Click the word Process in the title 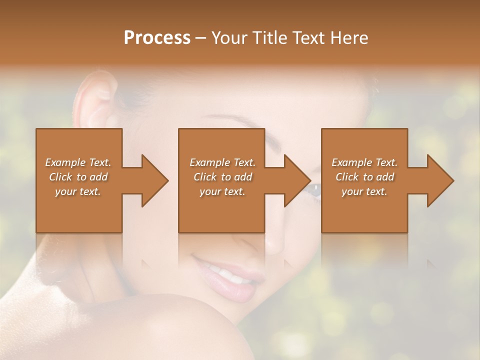157,38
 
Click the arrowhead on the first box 152,180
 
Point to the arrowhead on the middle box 295,180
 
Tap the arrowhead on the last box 438,180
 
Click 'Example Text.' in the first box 78,162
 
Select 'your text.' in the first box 78,191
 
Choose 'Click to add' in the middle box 222,177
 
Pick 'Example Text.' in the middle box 222,162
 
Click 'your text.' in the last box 364,191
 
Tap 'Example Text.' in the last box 364,162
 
